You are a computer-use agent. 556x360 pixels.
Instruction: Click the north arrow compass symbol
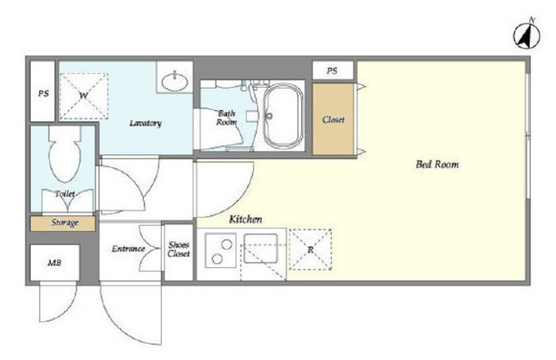coord(527,35)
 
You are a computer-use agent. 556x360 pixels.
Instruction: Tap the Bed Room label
coord(437,164)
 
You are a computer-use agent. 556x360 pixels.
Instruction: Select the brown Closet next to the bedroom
coord(333,119)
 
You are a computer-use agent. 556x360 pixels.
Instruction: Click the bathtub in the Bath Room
coord(283,116)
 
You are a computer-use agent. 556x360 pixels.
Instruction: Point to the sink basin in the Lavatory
coord(175,81)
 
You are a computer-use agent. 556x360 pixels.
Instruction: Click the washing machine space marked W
coord(84,96)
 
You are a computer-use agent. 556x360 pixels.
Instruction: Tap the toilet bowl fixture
coord(65,154)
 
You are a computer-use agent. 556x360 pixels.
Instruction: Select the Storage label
coord(65,223)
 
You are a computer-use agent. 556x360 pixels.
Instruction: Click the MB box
coord(55,263)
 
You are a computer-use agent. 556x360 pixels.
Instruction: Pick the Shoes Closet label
coord(179,249)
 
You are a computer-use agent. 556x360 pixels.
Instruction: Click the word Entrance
coord(129,248)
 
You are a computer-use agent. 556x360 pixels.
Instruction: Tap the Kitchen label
coord(246,219)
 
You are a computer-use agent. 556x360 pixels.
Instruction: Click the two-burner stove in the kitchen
coord(221,250)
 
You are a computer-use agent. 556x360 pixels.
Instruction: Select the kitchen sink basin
coord(261,248)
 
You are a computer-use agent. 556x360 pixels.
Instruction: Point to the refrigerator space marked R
coord(310,250)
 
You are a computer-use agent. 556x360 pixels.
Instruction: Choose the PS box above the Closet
coord(333,71)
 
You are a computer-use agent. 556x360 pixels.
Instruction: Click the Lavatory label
coord(145,123)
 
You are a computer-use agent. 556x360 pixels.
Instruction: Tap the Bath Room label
coord(227,118)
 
